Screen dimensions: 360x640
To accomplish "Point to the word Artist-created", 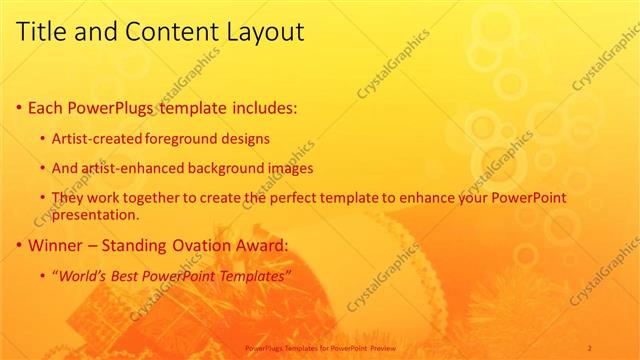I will [97, 138].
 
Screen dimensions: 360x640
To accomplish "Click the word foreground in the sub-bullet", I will [182, 138].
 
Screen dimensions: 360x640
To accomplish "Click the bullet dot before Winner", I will [21, 244].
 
